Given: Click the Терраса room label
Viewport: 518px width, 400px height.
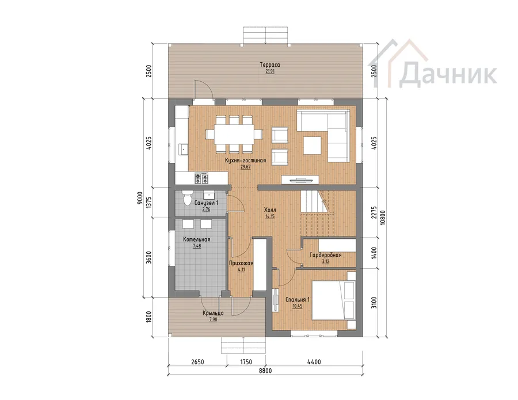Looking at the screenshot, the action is coord(269,64).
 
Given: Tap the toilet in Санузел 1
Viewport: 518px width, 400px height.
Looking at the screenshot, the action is coord(187,199).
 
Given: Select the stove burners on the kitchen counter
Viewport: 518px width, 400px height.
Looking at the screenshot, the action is coord(201,178).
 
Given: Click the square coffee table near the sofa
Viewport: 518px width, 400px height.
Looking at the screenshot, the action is coord(312,146).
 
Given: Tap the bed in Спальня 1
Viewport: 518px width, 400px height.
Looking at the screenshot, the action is coord(333,300).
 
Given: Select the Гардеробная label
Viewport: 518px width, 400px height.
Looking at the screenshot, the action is coord(325,255).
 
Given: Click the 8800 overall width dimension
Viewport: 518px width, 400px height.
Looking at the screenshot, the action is coord(265,371).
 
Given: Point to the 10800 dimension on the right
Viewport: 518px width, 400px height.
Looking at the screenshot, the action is coord(383,218).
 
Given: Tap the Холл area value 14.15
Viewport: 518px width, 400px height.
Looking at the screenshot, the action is coord(270,216).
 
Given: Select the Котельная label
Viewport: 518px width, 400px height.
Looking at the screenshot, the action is coord(197,239).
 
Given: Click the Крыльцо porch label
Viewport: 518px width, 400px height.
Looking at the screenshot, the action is coord(213,313).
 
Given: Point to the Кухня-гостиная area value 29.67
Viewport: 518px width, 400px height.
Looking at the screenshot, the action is coord(245,167).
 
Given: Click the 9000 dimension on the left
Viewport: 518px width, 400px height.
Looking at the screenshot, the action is coord(140,198).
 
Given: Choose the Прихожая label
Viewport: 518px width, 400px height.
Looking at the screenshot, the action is coord(241,263).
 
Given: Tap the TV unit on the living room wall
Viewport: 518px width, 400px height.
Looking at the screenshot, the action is coord(300,180).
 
